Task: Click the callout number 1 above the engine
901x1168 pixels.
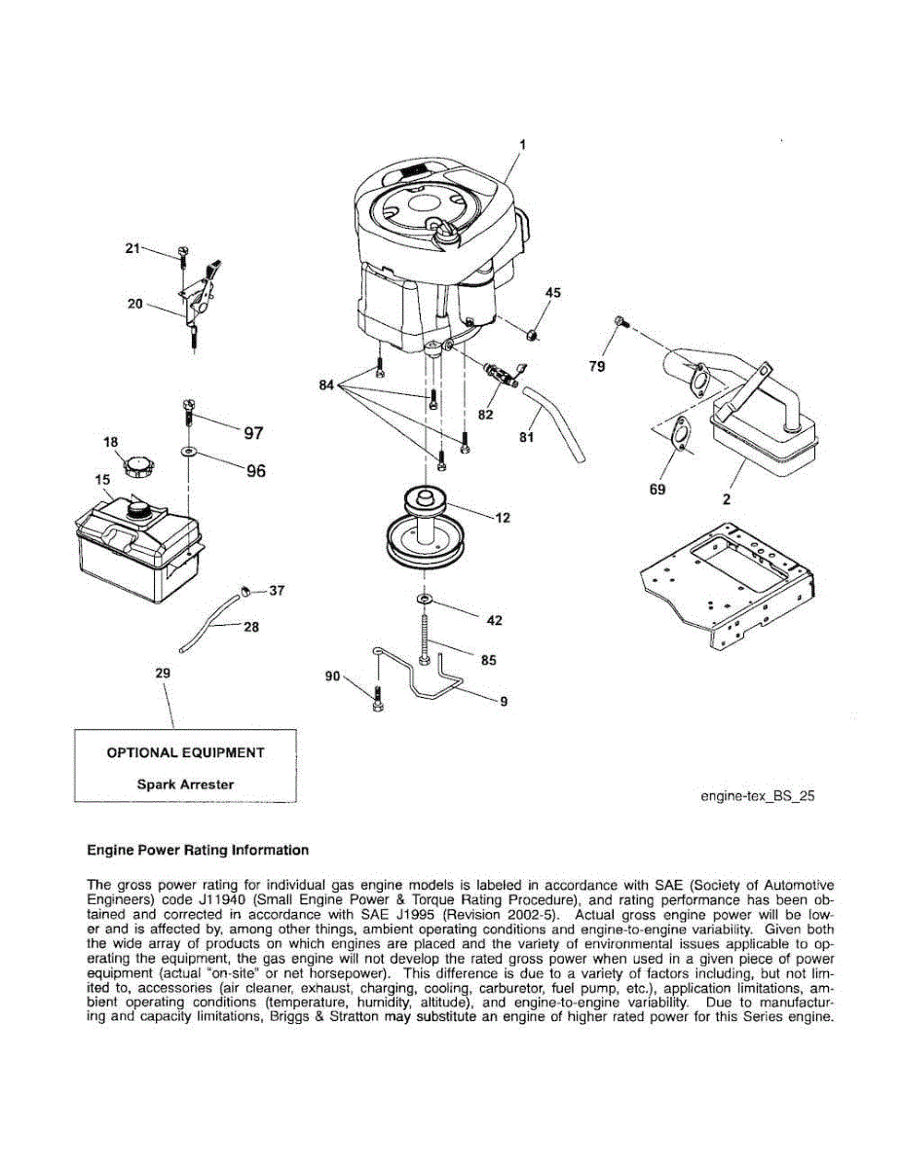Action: point(522,145)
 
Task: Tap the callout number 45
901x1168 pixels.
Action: point(552,292)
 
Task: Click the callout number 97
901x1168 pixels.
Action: point(253,433)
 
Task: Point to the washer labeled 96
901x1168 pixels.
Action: point(186,453)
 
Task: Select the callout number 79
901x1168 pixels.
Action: point(597,366)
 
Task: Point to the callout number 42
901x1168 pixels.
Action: point(494,621)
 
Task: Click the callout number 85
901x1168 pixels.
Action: point(488,660)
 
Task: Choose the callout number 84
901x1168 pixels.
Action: point(328,386)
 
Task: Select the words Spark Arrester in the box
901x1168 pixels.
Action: point(185,784)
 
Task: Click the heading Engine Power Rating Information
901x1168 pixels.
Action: point(198,850)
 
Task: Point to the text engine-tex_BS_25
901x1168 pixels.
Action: point(757,795)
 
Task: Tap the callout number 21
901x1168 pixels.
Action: point(132,248)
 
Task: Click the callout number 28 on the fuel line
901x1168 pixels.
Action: point(250,627)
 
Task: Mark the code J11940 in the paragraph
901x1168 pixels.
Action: point(211,900)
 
